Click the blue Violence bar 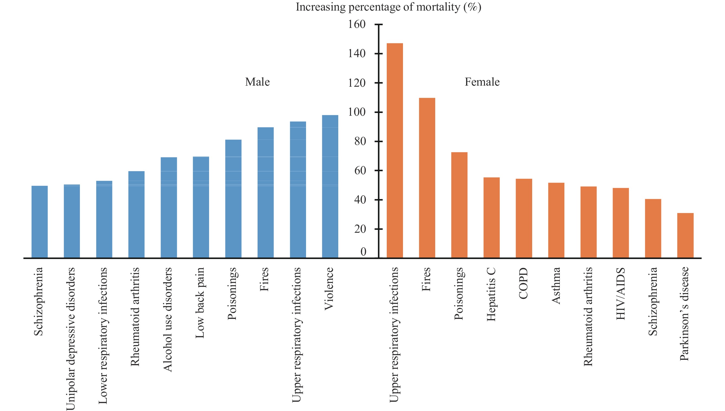click(330, 186)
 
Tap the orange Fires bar click(427, 178)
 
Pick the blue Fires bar click(265, 193)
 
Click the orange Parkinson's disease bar click(685, 235)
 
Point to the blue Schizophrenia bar click(40, 222)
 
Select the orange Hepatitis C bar click(492, 218)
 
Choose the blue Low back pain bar click(201, 207)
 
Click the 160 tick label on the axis click(357, 24)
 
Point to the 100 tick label click(357, 112)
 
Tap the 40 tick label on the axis click(360, 200)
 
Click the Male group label click(257, 82)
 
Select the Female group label click(482, 82)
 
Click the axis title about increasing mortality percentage click(388, 7)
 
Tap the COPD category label click(524, 283)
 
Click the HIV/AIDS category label click(620, 294)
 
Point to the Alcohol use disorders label click(168, 319)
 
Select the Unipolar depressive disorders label click(71, 338)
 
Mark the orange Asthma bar click(556, 220)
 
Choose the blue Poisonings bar click(233, 199)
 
